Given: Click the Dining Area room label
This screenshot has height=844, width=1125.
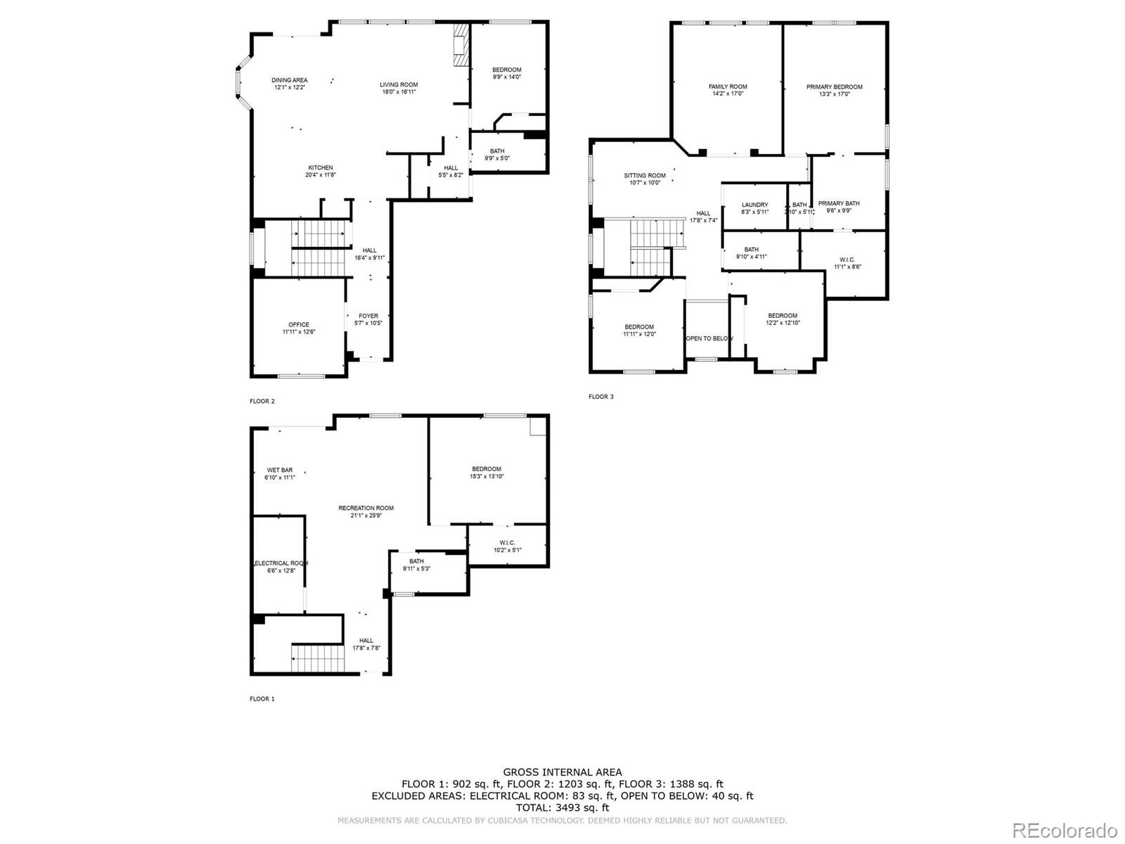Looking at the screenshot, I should click(289, 84).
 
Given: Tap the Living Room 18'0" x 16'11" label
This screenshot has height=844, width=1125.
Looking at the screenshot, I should click(399, 88).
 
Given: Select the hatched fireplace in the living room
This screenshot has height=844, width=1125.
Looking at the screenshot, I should click(461, 46).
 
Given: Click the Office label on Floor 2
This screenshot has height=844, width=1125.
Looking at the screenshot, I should click(298, 328).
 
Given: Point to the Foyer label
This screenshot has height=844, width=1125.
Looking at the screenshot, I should click(368, 319).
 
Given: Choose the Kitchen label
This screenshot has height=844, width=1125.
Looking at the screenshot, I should click(320, 171).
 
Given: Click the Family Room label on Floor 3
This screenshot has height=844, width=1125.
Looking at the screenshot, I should click(728, 90).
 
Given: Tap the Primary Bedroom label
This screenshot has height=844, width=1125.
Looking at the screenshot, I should click(834, 90).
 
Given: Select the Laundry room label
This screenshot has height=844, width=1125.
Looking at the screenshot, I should click(754, 208).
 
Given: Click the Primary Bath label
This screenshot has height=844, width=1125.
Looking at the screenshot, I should click(838, 207).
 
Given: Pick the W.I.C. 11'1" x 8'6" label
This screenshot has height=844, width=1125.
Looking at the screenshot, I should click(847, 263).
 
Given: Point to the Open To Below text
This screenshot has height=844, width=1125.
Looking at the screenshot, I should click(709, 338).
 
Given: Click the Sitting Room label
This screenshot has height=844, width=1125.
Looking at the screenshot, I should click(644, 179).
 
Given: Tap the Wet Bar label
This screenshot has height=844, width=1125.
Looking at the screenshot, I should click(279, 473).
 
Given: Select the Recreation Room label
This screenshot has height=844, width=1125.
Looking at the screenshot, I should click(366, 511).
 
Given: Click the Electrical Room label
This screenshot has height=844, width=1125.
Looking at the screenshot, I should click(281, 567).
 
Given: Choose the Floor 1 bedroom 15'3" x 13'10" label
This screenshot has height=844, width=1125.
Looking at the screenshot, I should click(487, 473).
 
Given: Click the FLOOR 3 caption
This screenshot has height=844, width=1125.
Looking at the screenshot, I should click(600, 397).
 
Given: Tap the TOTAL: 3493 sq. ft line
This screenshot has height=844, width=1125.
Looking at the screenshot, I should click(562, 808).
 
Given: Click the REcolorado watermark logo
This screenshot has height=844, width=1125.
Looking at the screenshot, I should click(1069, 829).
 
